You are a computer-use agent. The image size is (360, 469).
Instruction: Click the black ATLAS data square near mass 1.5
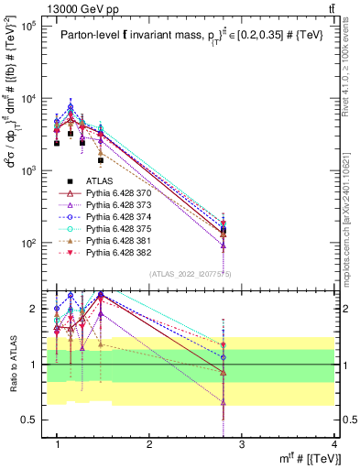(101, 160)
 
